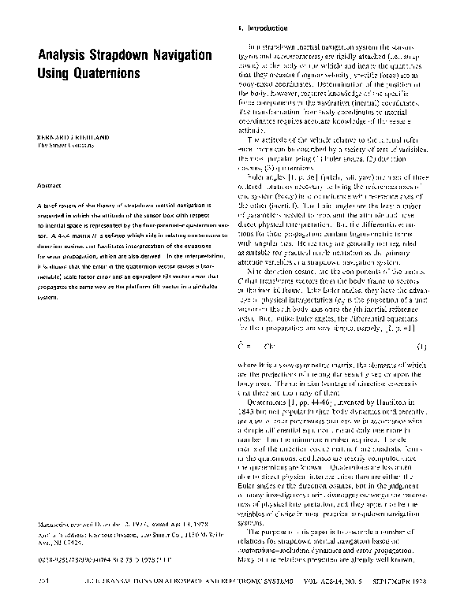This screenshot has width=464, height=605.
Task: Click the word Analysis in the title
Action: [62, 57]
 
